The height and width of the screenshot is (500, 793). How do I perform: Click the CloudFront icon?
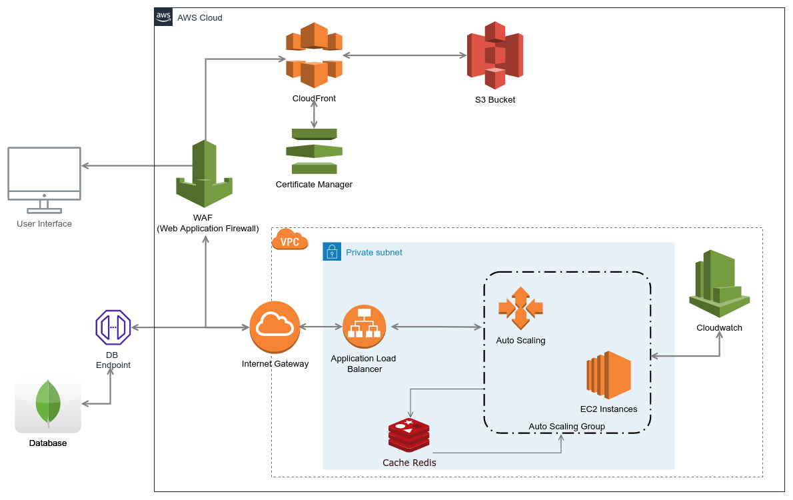(x=314, y=55)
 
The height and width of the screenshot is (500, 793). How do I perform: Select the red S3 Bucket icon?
(x=494, y=55)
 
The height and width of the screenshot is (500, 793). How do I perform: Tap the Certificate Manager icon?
(x=314, y=151)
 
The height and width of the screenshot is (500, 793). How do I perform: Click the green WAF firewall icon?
(x=205, y=174)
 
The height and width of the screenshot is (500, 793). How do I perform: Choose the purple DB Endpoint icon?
(x=113, y=327)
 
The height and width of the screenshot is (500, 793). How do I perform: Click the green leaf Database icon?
(x=48, y=402)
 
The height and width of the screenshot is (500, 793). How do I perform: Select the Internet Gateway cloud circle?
(x=275, y=327)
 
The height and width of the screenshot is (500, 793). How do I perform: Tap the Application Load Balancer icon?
(x=364, y=327)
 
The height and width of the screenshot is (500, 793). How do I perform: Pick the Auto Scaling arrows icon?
(x=520, y=308)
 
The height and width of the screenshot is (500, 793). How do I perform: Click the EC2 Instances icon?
(x=608, y=375)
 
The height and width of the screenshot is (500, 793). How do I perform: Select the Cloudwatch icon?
(x=719, y=283)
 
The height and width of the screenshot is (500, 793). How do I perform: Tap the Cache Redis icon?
(x=409, y=435)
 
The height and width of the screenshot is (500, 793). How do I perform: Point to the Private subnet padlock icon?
(x=332, y=252)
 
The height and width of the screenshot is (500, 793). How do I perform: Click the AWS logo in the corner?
(x=163, y=17)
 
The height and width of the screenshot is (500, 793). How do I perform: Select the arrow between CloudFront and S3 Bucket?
(x=404, y=55)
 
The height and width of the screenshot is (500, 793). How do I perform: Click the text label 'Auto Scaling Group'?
(x=566, y=427)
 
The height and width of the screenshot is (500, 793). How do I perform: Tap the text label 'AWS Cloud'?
(x=200, y=17)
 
